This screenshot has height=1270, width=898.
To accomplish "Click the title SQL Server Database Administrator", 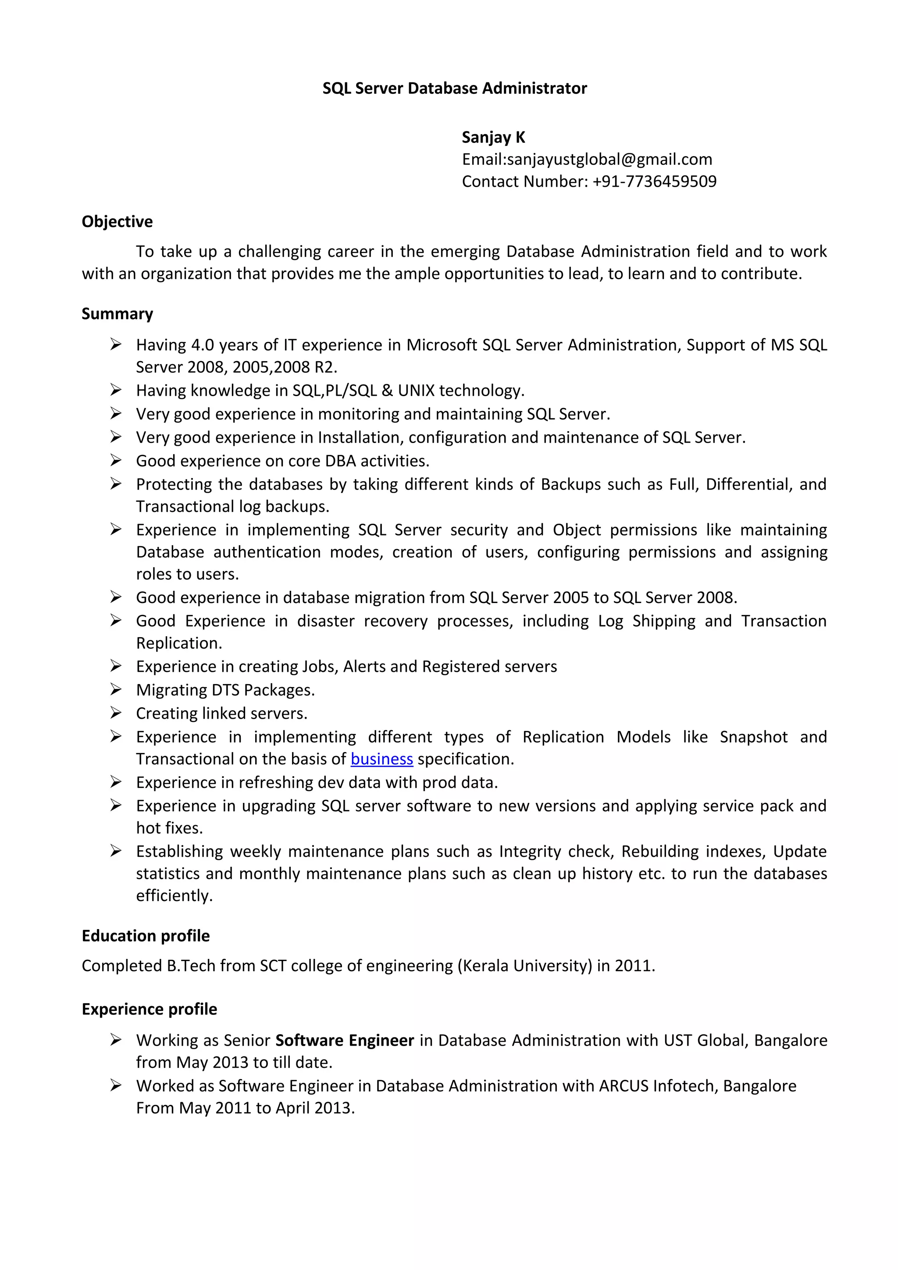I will pyautogui.click(x=454, y=89).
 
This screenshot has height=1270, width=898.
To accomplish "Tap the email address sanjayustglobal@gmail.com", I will pyautogui.click(x=609, y=160).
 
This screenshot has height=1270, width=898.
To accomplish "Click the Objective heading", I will pyautogui.click(x=118, y=221).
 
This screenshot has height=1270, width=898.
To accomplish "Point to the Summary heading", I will pyautogui.click(x=118, y=314).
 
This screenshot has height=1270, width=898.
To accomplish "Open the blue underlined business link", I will pyautogui.click(x=382, y=759).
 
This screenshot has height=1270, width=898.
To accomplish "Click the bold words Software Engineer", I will pyautogui.click(x=345, y=1040).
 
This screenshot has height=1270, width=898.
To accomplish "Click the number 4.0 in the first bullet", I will pyautogui.click(x=203, y=345).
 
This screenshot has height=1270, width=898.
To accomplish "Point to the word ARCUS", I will pyautogui.click(x=624, y=1086).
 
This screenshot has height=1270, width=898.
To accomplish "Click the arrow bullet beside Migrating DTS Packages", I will pyautogui.click(x=116, y=689).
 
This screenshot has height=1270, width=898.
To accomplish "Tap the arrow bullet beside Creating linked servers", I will pyautogui.click(x=116, y=713).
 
